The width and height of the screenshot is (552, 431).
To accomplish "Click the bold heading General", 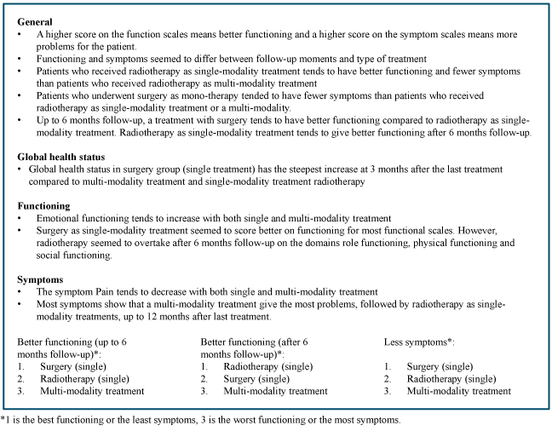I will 35,20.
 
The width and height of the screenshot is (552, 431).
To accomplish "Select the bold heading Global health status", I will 65,158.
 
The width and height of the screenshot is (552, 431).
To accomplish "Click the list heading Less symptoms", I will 418,342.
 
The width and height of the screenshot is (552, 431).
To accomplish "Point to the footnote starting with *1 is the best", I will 200,419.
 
